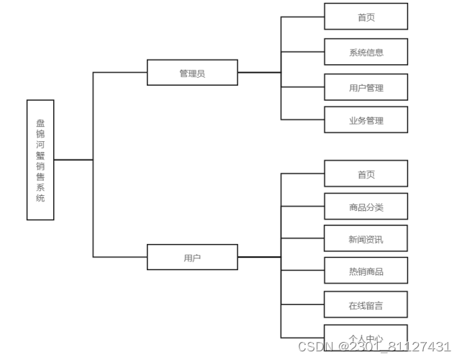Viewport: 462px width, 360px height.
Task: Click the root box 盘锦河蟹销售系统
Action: [40, 159]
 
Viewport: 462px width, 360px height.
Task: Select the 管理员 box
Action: [192, 73]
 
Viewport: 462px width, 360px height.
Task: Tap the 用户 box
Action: [192, 257]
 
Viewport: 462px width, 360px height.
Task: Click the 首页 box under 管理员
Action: [366, 17]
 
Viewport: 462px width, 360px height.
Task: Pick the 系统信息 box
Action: [366, 52]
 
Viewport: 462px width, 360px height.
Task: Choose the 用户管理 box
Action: [366, 87]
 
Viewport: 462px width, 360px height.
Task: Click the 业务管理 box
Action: [366, 120]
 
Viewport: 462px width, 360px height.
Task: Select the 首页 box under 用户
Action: [366, 174]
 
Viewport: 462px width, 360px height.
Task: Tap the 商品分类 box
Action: [366, 207]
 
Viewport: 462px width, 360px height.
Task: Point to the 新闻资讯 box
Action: [366, 239]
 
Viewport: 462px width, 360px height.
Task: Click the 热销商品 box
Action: [366, 271]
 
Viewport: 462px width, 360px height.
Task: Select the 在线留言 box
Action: [366, 305]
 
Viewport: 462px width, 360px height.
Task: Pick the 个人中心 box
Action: [366, 338]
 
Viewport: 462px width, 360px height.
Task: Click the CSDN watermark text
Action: [379, 346]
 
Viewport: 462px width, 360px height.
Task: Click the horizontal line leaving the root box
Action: [73, 159]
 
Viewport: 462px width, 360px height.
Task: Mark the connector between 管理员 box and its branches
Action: [259, 73]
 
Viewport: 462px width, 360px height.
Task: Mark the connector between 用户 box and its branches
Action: [259, 257]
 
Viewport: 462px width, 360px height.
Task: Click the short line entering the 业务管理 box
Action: [302, 120]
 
